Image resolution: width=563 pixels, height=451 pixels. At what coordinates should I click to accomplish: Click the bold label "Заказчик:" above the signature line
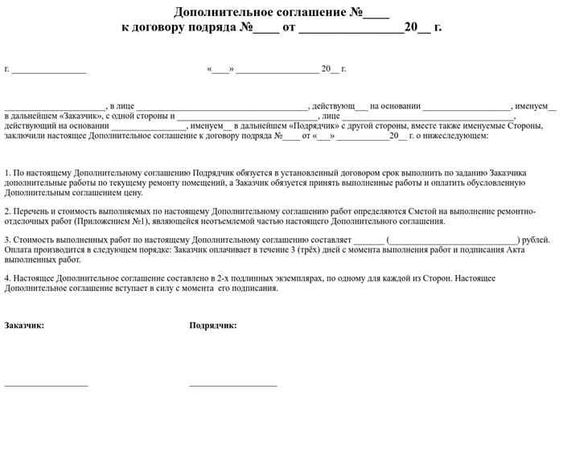pos(24,326)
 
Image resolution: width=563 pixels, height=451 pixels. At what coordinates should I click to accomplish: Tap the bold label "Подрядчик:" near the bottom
pos(212,326)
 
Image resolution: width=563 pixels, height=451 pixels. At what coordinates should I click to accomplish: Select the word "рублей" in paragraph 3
pos(536,240)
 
